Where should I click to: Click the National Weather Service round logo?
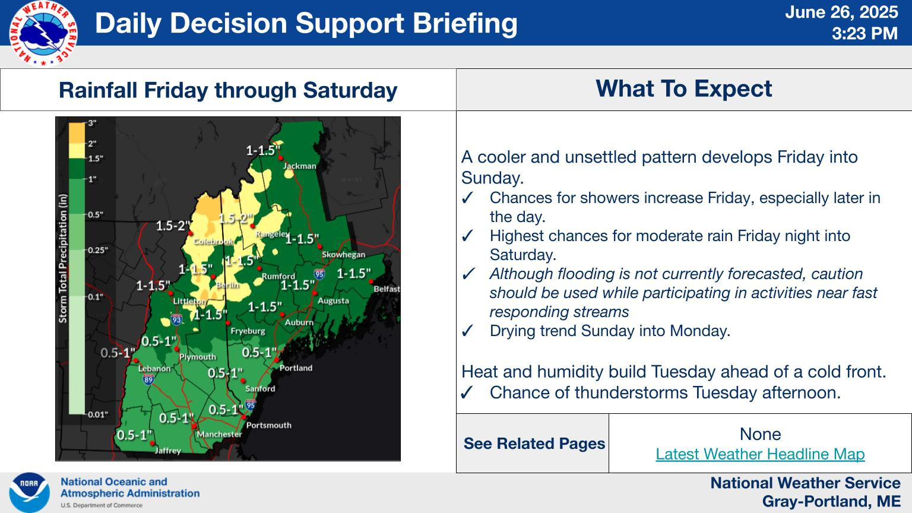43,33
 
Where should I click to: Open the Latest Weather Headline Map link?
760,454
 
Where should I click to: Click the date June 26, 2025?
841,12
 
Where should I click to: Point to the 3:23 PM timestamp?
864,33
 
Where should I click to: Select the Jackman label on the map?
300,166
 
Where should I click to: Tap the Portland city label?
296,368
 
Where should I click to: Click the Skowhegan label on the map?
344,255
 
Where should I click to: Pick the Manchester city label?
220,435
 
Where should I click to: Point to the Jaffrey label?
168,451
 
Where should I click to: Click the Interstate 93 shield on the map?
176,319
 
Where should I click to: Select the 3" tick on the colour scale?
93,123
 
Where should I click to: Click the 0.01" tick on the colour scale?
98,415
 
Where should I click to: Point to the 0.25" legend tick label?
98,250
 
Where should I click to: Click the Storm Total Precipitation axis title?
63,258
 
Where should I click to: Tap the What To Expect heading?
683,88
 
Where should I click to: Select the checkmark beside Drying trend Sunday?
467,331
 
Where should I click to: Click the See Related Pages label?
534,444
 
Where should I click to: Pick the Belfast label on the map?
387,289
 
